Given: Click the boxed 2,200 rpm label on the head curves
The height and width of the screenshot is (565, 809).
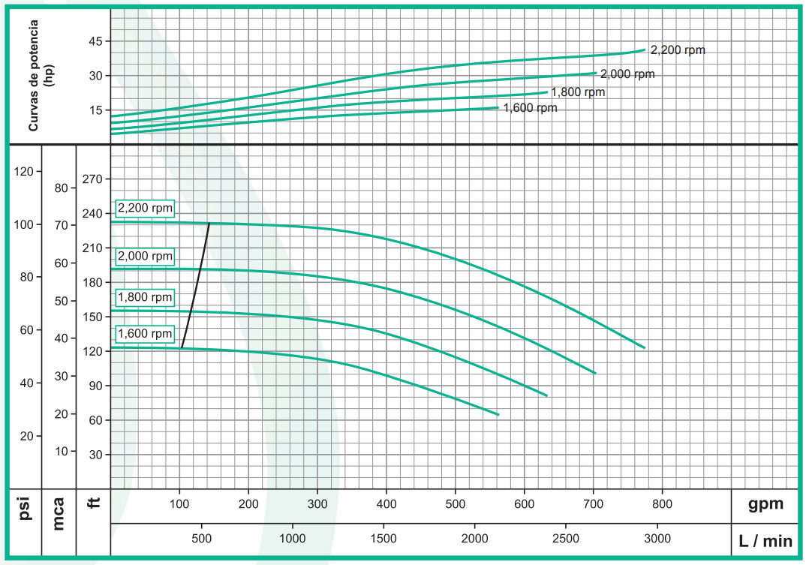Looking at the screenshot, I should tap(144, 208).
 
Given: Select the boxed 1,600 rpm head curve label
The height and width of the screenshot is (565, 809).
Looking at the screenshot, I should tap(144, 334).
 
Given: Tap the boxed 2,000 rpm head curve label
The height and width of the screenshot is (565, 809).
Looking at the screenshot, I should tap(144, 256).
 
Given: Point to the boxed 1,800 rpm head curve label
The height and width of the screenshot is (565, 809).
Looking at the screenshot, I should tap(144, 297).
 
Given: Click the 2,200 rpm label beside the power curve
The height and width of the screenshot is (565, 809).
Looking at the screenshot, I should tap(678, 50).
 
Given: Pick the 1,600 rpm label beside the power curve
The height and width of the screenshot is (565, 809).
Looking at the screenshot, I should tap(530, 108).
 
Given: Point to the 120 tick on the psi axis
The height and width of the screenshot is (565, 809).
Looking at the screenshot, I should tap(24, 172).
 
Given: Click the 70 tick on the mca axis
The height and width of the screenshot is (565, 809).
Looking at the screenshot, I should tap(61, 225).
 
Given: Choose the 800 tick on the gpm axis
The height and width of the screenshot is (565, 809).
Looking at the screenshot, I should tap(662, 503).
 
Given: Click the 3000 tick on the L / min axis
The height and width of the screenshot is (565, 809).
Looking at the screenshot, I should tap(657, 538).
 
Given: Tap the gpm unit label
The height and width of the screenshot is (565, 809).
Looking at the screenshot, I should tap(765, 504).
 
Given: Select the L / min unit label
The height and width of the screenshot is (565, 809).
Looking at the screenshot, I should tap(765, 539).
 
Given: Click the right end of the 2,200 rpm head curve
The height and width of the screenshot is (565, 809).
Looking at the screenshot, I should tap(644, 347).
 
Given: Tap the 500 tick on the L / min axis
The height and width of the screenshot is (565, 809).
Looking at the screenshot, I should tap(202, 538).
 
